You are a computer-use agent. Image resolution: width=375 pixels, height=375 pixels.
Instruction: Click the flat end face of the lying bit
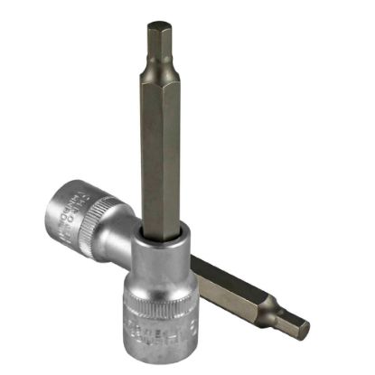306,330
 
